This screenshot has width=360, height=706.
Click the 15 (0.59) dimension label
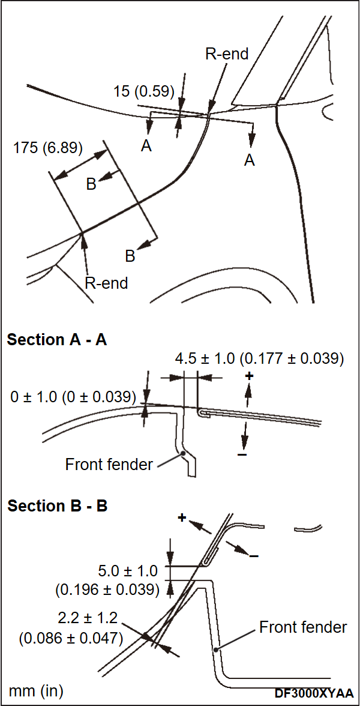click(143, 91)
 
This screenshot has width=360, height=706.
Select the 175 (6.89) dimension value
click(48, 148)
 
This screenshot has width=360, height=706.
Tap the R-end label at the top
click(227, 53)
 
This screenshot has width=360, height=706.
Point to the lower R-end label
click(106, 283)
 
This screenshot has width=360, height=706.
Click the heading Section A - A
click(57, 340)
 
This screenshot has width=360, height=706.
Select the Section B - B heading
click(57, 506)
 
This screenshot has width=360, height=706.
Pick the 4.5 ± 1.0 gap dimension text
click(259, 359)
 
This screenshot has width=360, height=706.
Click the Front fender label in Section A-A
click(109, 464)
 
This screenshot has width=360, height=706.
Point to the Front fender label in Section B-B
click(303, 627)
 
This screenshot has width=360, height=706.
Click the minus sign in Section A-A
click(242, 454)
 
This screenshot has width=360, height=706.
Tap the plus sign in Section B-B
click(182, 517)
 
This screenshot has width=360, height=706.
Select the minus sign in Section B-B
click(254, 557)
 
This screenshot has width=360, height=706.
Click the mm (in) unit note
click(36, 690)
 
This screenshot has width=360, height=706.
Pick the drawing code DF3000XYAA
click(314, 693)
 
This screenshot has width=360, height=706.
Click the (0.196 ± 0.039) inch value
click(107, 590)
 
